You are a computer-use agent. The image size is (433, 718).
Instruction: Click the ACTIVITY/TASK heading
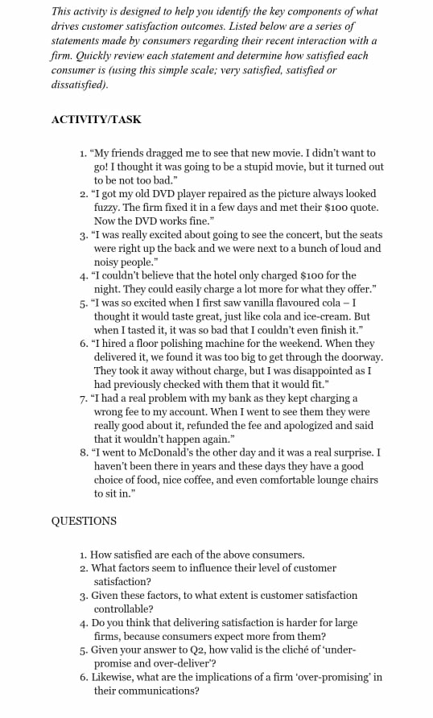(x=96, y=119)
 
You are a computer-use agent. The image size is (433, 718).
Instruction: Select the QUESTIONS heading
(x=84, y=520)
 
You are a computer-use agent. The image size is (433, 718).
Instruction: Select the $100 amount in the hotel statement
(x=312, y=275)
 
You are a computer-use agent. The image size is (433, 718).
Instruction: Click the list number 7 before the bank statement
(x=84, y=398)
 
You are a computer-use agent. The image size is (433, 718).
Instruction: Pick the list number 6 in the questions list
(x=84, y=677)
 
